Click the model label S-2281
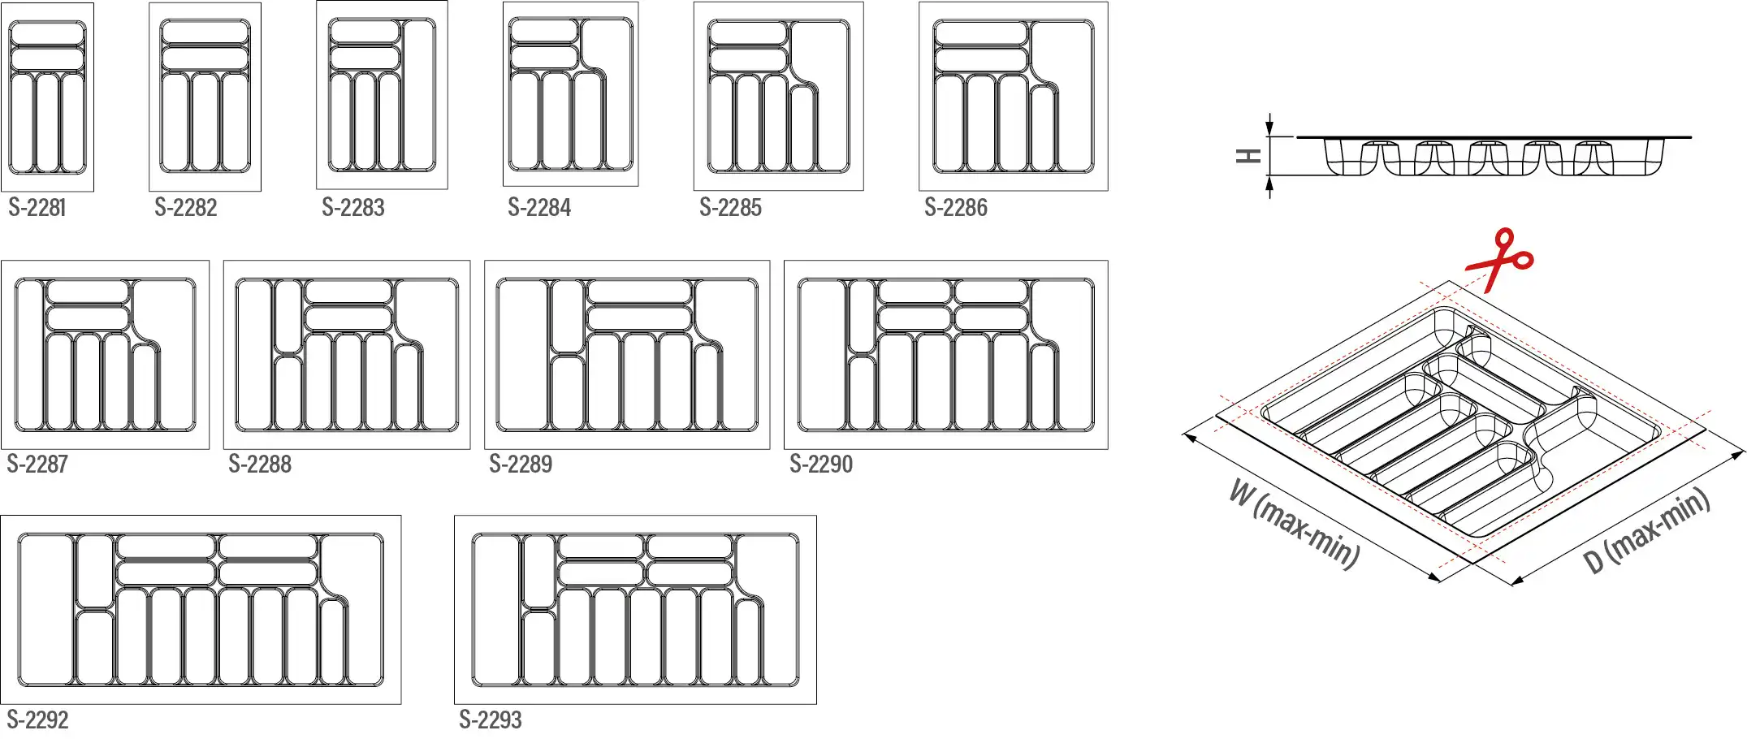point(37,208)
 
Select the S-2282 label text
point(186,208)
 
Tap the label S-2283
point(353,208)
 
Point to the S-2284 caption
point(539,208)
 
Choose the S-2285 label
point(731,208)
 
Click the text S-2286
point(956,208)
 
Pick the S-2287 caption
point(37,465)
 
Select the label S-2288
point(260,465)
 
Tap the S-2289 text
point(521,465)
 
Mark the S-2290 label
point(821,465)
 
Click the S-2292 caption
point(37,720)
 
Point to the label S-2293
point(491,720)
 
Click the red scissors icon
point(1499,259)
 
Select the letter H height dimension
point(1248,156)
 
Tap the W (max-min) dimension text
point(1295,524)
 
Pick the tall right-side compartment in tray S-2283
point(419,94)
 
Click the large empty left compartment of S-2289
point(523,355)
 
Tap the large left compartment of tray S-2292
point(46,610)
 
